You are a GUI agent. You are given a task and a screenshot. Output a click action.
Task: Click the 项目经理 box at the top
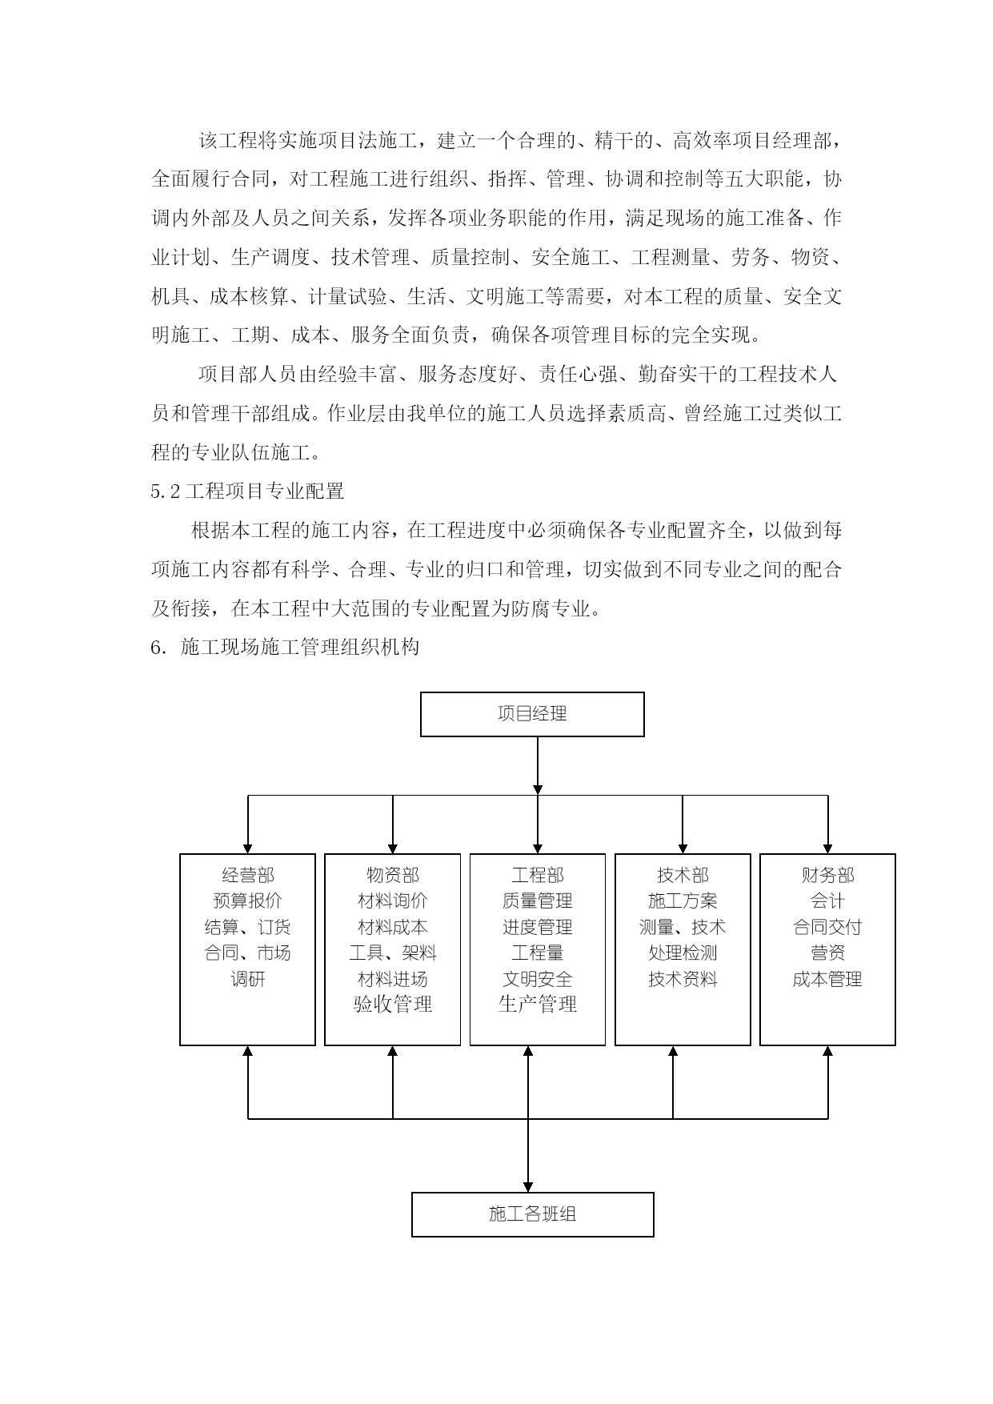click(532, 714)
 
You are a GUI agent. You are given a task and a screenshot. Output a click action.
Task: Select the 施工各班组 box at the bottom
click(532, 1214)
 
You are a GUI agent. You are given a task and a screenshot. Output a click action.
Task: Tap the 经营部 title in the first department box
click(248, 876)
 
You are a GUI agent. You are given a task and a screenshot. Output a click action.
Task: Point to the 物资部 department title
click(393, 876)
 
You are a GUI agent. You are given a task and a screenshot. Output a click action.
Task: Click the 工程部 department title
click(538, 876)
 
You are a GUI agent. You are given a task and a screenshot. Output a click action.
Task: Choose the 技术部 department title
click(683, 876)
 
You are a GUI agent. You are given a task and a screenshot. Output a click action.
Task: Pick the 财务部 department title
click(827, 876)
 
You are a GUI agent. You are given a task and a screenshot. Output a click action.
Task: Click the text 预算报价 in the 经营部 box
click(248, 901)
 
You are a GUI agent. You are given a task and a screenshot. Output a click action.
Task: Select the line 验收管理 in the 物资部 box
click(393, 1004)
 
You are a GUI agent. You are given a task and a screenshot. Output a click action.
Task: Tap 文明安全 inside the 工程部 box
click(538, 979)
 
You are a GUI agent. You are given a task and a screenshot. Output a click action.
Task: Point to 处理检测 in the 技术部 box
click(683, 953)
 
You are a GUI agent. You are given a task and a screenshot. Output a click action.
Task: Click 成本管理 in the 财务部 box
click(827, 979)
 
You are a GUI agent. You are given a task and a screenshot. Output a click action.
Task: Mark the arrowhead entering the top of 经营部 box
click(248, 848)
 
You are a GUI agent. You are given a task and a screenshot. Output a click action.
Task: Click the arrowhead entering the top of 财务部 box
click(827, 848)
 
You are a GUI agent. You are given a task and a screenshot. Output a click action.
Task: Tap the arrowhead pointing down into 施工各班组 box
click(528, 1187)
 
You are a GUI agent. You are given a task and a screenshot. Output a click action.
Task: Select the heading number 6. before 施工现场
click(158, 648)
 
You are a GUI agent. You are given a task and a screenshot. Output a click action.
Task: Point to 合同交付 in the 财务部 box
click(827, 927)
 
